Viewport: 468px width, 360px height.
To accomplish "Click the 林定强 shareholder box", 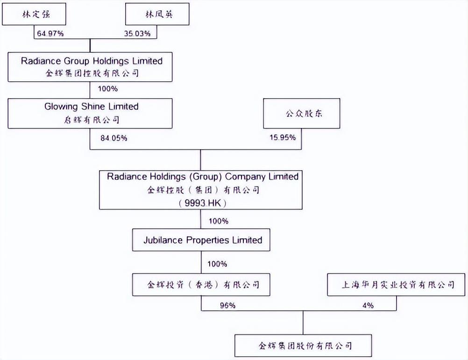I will (34, 14).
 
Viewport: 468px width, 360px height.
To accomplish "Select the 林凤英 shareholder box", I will (158, 14).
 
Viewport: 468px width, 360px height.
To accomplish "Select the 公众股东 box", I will (302, 113).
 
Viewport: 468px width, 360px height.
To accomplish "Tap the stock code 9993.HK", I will (201, 203).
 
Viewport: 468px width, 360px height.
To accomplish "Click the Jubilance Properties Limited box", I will (201, 240).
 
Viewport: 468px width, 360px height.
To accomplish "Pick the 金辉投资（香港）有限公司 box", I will (201, 284).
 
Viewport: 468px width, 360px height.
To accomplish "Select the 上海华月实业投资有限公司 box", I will (397, 284).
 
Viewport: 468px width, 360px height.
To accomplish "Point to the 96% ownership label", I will (227, 305).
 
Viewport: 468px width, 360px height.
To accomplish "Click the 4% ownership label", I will (367, 305).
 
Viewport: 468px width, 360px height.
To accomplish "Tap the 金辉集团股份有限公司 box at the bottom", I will (304, 346).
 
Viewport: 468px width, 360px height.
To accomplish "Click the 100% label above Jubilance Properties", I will (218, 221).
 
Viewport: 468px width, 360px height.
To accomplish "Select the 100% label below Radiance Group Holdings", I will (107, 88).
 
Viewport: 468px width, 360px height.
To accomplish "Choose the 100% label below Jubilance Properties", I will (218, 264).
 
